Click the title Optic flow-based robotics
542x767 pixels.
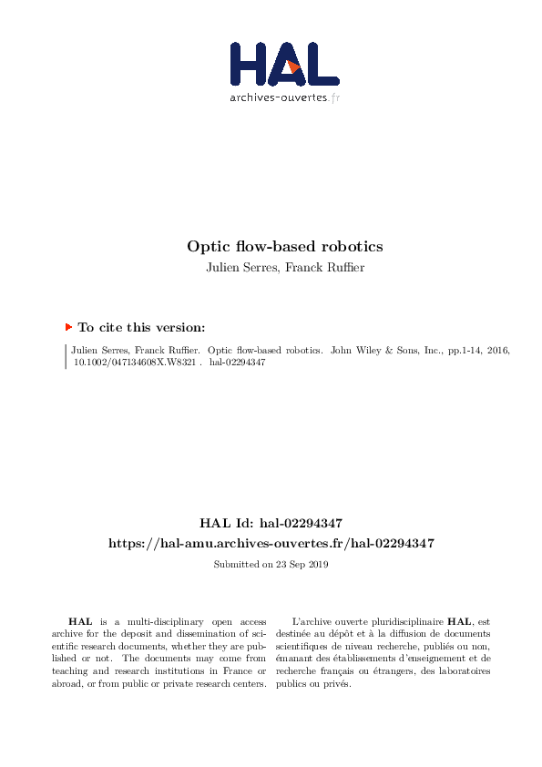click(x=285, y=246)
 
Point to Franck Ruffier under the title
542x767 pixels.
click(x=325, y=267)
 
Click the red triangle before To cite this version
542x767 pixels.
click(x=68, y=326)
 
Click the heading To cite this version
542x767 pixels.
click(x=141, y=327)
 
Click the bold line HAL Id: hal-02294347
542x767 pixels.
click(x=271, y=523)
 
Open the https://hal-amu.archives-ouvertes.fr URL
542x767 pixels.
click(x=271, y=543)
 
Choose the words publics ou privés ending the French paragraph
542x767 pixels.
click(x=318, y=684)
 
